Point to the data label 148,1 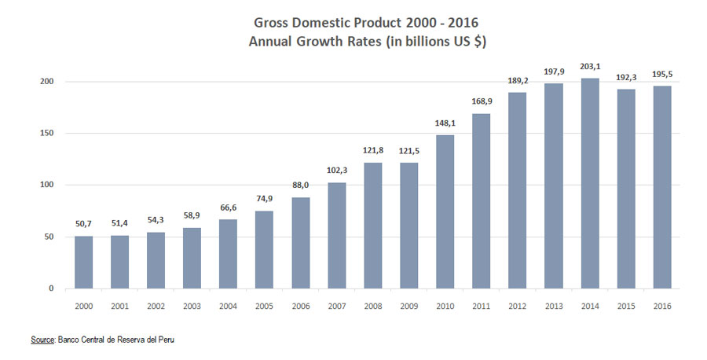click(445, 123)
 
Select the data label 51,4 click(120, 224)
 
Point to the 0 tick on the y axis click(51, 288)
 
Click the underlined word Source click(42, 340)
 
